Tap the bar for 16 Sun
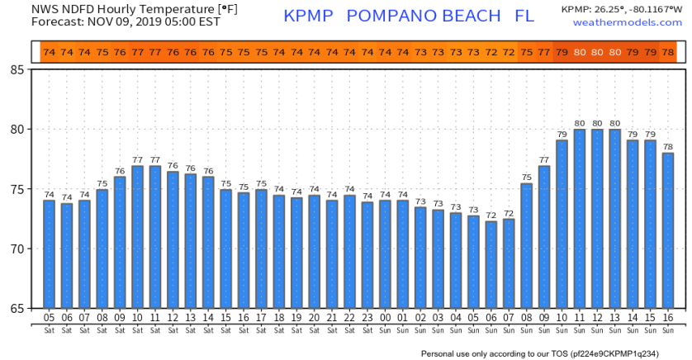click(x=667, y=230)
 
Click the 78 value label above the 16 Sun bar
click(x=667, y=145)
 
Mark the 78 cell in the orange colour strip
click(x=667, y=53)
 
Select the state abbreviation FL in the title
click(x=524, y=17)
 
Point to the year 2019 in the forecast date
click(x=146, y=22)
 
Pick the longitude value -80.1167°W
click(x=656, y=9)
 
